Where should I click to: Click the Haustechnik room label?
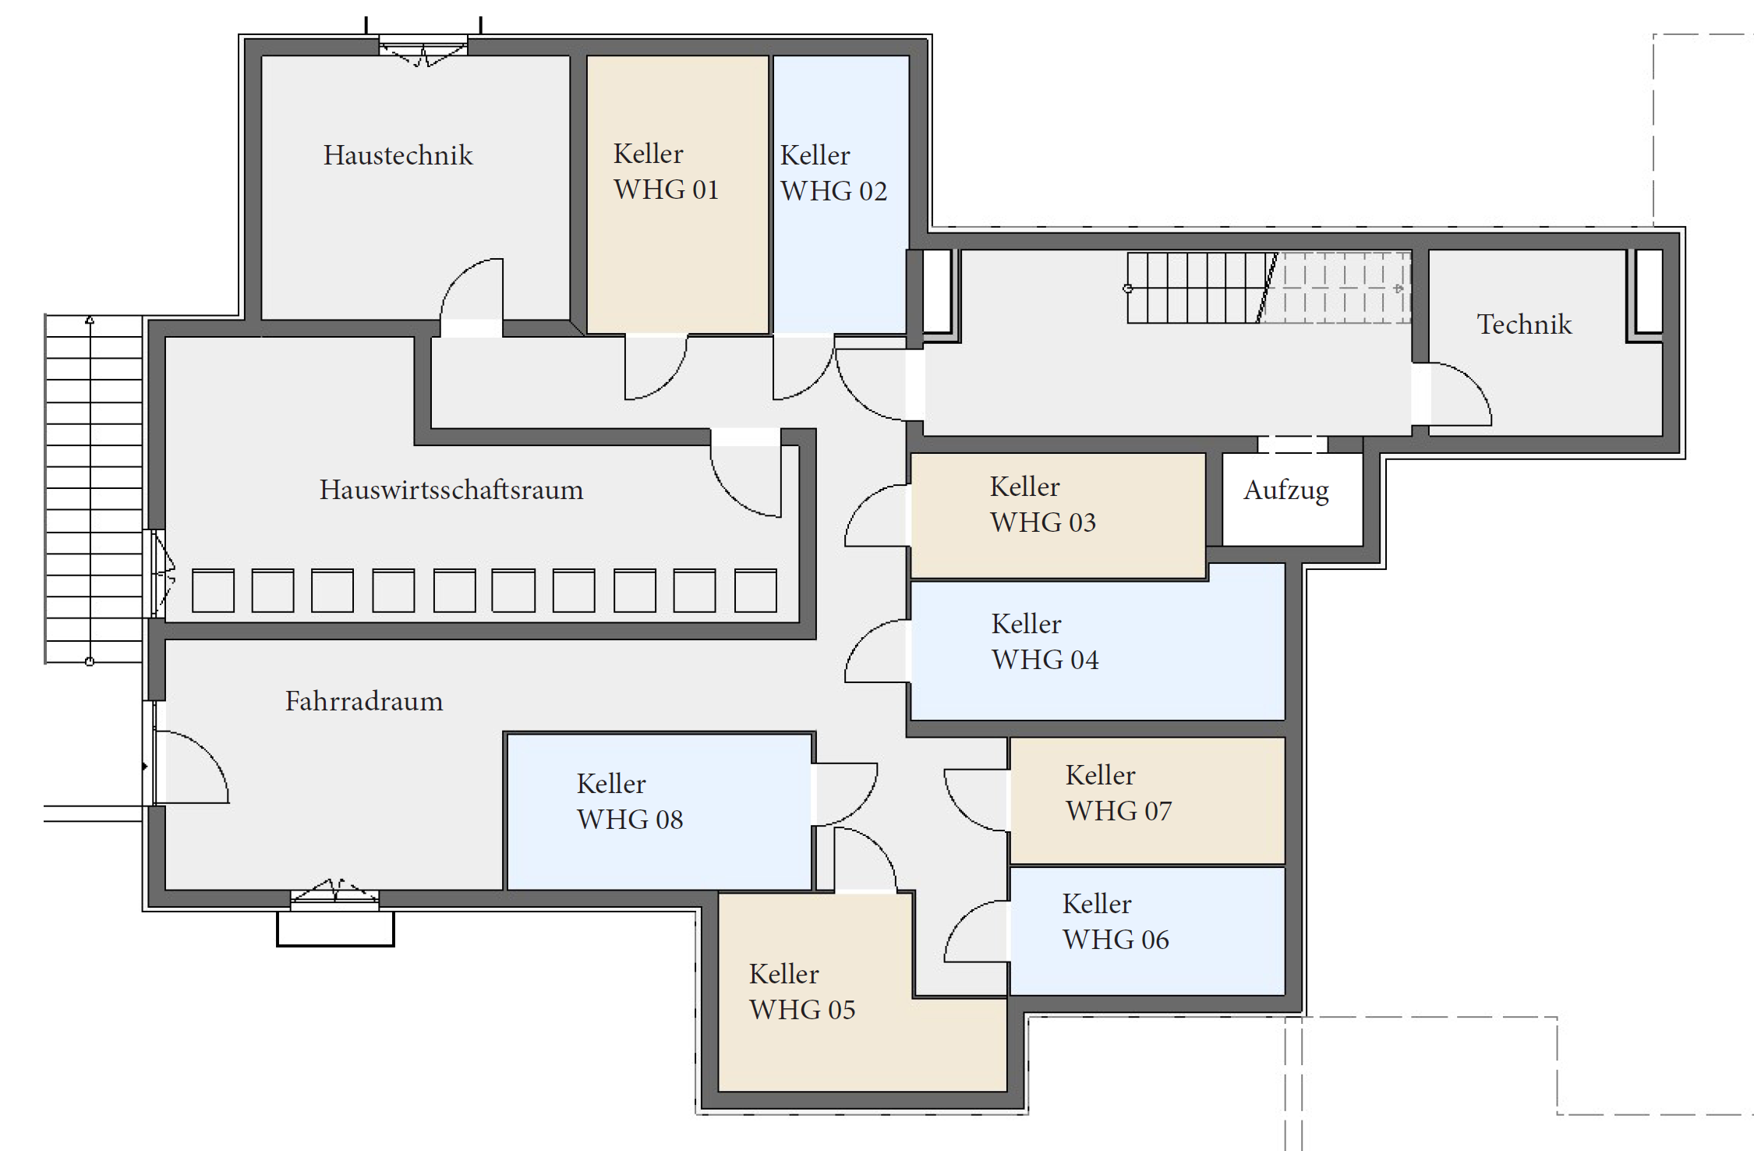398,155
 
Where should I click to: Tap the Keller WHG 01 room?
677,194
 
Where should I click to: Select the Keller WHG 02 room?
840,194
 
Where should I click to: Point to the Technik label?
1524,324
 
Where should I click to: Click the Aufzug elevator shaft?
1293,499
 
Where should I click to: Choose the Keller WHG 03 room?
1058,515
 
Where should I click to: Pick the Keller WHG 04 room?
1098,642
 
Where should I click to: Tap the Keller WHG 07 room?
1148,801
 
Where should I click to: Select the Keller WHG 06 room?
1148,931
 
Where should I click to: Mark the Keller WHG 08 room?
660,811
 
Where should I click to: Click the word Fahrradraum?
364,701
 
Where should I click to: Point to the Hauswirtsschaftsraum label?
451,490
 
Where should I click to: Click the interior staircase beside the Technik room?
1268,288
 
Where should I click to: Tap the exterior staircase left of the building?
94,489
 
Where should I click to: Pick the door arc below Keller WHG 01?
656,367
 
